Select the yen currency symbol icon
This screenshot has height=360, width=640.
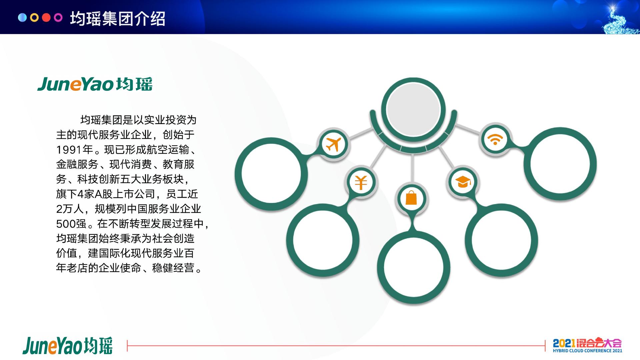click(361, 182)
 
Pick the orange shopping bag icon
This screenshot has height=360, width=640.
click(411, 198)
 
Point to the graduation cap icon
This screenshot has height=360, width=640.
click(463, 182)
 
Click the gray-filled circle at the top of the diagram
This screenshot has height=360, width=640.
click(413, 110)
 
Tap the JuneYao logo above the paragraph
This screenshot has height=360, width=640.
click(95, 84)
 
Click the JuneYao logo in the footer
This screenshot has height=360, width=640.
click(68, 345)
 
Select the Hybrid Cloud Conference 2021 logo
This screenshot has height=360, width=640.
click(587, 345)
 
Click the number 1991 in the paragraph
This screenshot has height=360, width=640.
click(69, 150)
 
